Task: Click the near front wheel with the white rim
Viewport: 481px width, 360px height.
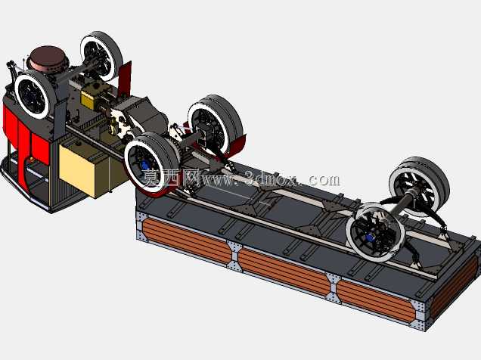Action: click(x=34, y=94)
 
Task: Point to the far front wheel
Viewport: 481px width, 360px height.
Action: click(x=101, y=55)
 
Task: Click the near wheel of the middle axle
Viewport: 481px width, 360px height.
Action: click(x=151, y=163)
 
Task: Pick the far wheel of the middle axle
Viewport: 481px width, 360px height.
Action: click(x=215, y=126)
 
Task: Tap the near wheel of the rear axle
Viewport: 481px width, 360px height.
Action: click(x=375, y=232)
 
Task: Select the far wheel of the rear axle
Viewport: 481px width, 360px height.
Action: click(x=419, y=185)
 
